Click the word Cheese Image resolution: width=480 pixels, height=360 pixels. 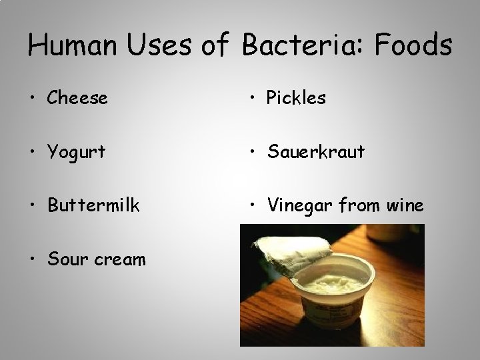point(77,99)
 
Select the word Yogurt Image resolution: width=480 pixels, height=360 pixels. point(77,153)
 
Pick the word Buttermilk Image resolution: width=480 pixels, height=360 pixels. point(93,205)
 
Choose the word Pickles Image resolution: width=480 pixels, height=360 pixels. point(296,99)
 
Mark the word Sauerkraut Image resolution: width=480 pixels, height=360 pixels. point(315,152)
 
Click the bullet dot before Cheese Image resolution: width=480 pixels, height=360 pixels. point(33,99)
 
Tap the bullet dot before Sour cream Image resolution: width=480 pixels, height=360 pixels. point(33,259)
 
